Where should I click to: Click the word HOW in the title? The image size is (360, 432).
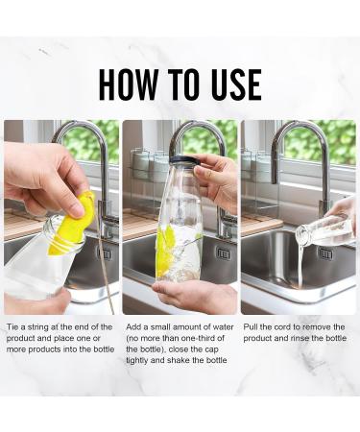pos(129,84)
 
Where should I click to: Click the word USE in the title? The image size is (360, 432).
pos(236,84)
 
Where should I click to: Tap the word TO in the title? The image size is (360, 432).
pos(184,84)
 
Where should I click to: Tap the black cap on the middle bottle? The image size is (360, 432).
pos(185,160)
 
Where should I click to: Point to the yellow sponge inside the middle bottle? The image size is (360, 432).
pos(166,249)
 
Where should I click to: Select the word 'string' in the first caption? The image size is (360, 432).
pos(38,327)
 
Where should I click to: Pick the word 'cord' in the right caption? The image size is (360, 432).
pos(283,327)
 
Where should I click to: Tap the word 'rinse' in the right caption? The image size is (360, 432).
pos(301,338)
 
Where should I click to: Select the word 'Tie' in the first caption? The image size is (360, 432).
pos(12,327)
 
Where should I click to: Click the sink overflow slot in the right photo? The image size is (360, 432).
pos(325,253)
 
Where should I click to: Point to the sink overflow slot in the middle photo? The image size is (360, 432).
pos(223,253)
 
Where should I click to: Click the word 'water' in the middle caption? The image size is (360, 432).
pos(223,327)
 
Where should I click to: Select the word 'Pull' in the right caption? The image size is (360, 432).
pos(250,327)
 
